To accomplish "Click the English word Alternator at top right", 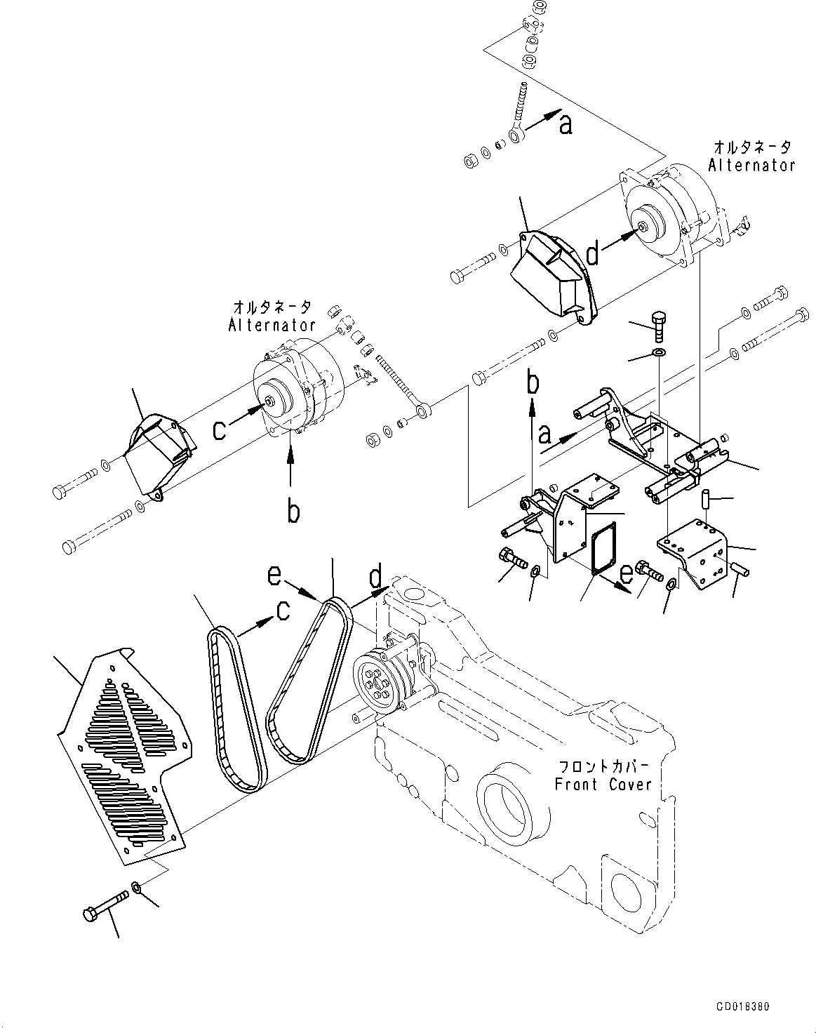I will [x=751, y=166].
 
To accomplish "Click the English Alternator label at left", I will [x=272, y=325].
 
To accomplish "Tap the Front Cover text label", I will [x=603, y=784].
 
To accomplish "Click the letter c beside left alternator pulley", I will [x=220, y=429].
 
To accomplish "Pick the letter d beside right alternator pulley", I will [x=594, y=254].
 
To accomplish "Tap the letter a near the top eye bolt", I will [x=566, y=124].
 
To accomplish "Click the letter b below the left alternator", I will [x=293, y=512].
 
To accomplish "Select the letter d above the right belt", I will [x=377, y=577].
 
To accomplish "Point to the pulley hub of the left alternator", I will [x=270, y=401].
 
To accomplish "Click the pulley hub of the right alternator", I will [x=643, y=227].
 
